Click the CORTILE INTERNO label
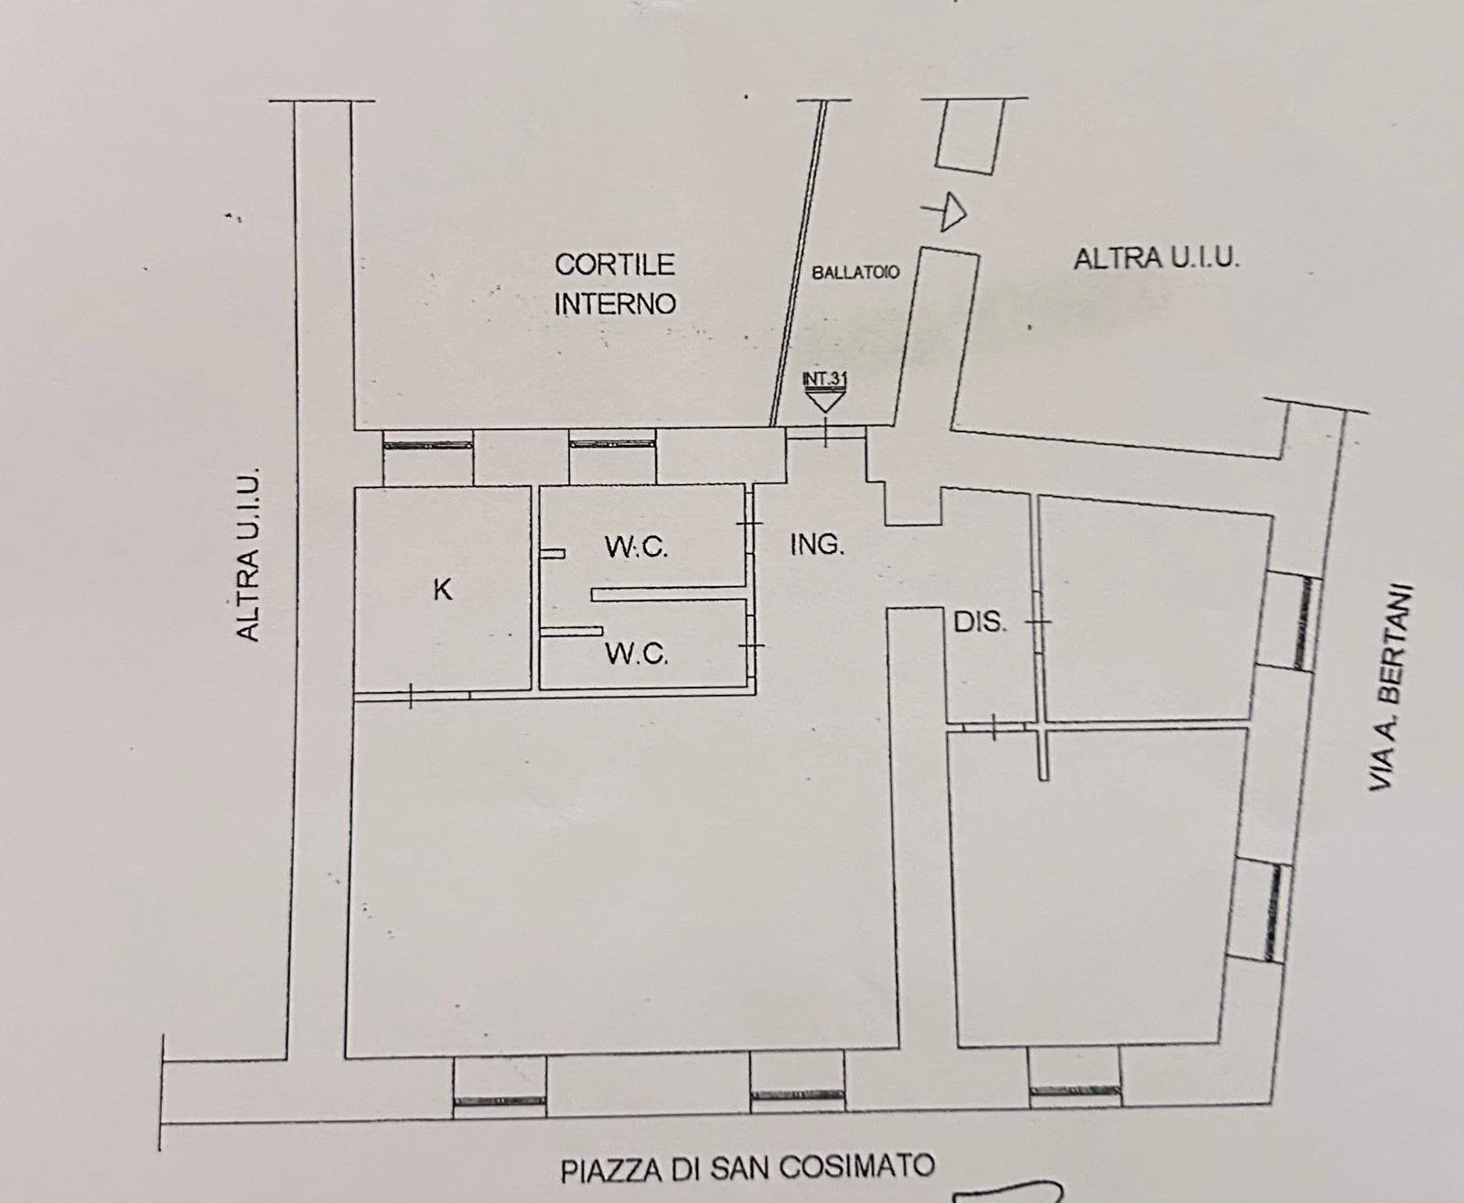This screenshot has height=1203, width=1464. pyautogui.click(x=615, y=284)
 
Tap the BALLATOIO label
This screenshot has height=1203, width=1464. pyautogui.click(x=856, y=272)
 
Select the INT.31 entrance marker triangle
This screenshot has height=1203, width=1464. pyautogui.click(x=824, y=397)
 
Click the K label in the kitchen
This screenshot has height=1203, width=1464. pyautogui.click(x=442, y=590)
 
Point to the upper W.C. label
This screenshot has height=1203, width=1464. pyautogui.click(x=637, y=547)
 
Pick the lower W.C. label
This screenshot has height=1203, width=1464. pyautogui.click(x=637, y=654)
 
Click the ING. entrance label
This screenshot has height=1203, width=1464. pyautogui.click(x=817, y=546)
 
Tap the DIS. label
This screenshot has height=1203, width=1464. pyautogui.click(x=980, y=623)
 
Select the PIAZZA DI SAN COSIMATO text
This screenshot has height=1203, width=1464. pyautogui.click(x=748, y=1168)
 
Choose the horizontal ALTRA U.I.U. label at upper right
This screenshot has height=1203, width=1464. pyautogui.click(x=1157, y=259)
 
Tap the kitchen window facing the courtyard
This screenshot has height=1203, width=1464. pyautogui.click(x=427, y=445)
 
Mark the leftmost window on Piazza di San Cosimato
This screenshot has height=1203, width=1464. pyautogui.click(x=501, y=1100)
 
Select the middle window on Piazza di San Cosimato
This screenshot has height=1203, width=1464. pyautogui.click(x=796, y=1094)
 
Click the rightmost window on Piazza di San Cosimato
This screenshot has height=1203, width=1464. pyautogui.click(x=1074, y=1090)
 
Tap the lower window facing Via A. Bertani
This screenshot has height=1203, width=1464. pyautogui.click(x=1273, y=912)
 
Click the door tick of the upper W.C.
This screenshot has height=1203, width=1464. pyautogui.click(x=748, y=524)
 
